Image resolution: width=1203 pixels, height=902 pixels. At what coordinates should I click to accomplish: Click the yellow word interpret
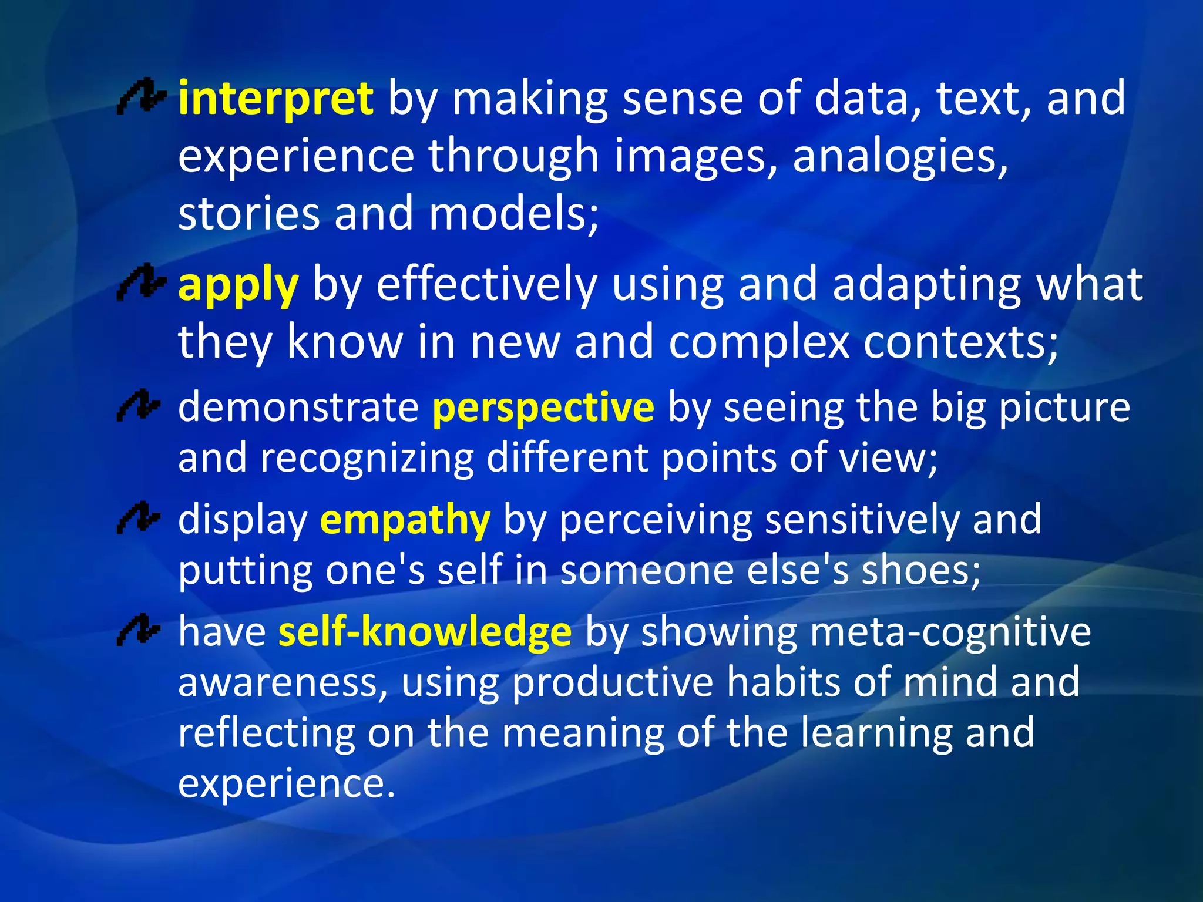coord(275,99)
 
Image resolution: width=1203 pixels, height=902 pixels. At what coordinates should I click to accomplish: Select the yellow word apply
coord(238,287)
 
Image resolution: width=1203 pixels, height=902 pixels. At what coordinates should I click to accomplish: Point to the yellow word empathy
coord(405,520)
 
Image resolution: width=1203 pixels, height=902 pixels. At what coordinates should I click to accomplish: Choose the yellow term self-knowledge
coord(425,632)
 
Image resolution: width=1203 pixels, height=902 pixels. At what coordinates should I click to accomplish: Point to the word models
coord(513,214)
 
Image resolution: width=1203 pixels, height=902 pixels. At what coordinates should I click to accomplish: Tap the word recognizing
coord(367,458)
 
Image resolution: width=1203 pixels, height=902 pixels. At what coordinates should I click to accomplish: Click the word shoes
coord(920,571)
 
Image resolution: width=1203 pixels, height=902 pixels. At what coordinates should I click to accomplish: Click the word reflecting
coord(267,734)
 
